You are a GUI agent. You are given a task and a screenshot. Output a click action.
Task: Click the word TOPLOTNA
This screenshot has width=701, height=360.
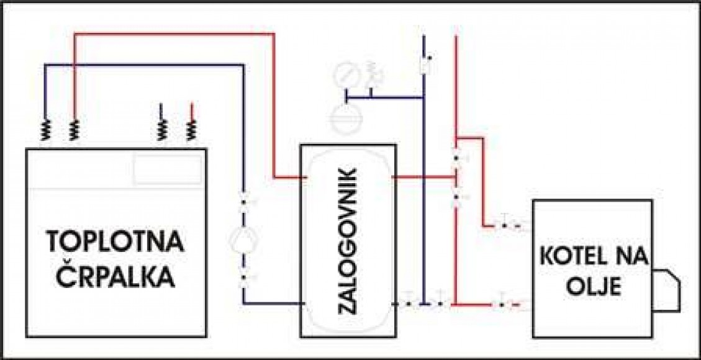coord(115,243)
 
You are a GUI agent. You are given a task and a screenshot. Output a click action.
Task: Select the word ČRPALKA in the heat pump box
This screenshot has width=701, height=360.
coord(116,278)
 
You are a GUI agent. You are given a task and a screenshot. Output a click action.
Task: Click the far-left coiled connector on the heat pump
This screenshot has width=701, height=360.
coord(45,131)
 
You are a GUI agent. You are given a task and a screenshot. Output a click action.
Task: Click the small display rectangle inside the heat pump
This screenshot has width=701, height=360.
coord(168,169)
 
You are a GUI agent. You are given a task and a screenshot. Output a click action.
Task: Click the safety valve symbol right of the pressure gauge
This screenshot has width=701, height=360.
coord(374,74)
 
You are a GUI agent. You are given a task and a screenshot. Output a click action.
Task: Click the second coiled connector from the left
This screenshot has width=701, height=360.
coord(74,131)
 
